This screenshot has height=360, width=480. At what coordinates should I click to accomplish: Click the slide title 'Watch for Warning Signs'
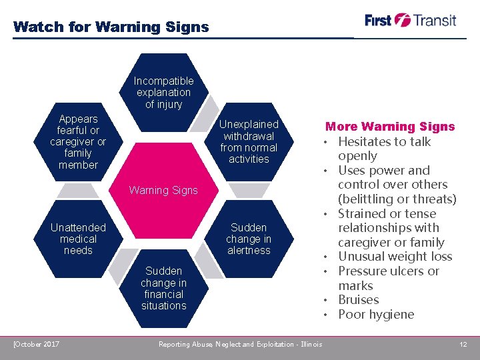point(111,27)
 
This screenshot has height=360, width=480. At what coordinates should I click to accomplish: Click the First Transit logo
point(411,20)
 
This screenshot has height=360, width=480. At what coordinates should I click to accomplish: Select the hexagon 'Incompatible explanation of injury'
point(163,93)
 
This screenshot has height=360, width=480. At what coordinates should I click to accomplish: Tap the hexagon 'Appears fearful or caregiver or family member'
point(78,142)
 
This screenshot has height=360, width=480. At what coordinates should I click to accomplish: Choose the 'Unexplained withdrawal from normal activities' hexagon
point(249,141)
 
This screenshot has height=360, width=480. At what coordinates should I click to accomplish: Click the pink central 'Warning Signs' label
point(163,190)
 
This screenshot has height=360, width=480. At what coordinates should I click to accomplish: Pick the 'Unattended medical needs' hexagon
point(78,239)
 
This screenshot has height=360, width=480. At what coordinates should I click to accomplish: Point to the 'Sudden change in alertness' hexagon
point(249,239)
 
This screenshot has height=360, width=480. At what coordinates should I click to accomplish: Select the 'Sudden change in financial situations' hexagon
point(163,288)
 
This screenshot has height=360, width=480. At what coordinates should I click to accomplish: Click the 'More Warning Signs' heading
point(390,127)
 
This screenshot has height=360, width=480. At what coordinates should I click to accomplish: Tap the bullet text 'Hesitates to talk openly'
point(384,149)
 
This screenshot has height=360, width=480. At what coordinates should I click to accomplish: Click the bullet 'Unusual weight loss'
point(395,257)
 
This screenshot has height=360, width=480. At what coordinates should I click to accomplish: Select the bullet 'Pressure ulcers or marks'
point(388,278)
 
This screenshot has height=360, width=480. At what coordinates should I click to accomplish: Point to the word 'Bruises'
point(358,300)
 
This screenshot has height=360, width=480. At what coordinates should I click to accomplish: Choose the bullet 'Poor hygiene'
point(376,315)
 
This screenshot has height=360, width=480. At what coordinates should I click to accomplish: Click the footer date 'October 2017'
point(37,344)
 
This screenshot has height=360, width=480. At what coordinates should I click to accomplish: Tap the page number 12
point(463,344)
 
